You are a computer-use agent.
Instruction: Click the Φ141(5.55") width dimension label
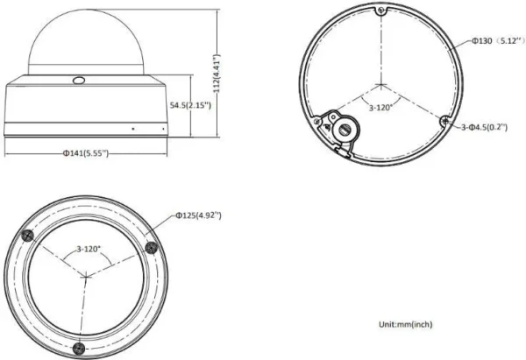click(84, 154)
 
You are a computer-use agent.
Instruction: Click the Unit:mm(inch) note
click(405, 324)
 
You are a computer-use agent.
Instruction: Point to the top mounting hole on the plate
click(380, 11)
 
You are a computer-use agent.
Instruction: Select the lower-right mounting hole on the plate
click(445, 122)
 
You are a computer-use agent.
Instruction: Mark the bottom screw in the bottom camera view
click(80, 348)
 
